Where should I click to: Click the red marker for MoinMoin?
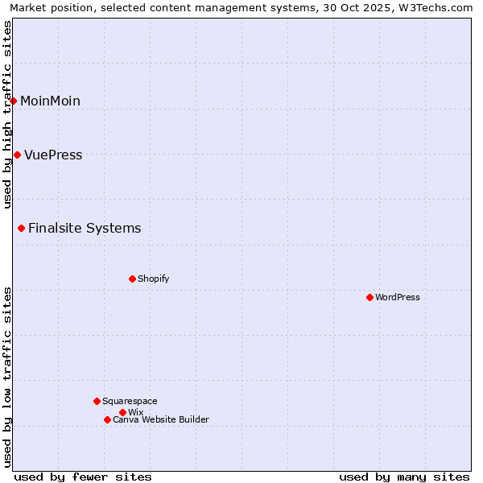[14, 101]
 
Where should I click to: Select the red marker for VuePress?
[18, 155]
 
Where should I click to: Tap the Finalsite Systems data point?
[22, 228]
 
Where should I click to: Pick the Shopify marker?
[133, 279]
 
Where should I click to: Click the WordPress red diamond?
[370, 297]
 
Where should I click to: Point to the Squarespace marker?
[97, 401]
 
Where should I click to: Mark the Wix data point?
[123, 412]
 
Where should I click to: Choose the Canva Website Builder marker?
[107, 419]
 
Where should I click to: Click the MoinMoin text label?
[50, 101]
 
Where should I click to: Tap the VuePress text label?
[53, 155]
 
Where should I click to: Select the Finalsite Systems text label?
[85, 228]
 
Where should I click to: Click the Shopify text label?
[153, 279]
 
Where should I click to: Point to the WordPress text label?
[398, 297]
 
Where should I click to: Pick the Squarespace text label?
[130, 401]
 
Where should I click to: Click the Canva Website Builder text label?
[161, 419]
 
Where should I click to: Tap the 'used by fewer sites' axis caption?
[83, 477]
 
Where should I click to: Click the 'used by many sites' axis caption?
[404, 477]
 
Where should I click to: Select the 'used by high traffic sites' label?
[7, 114]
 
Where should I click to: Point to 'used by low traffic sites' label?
[7, 377]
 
